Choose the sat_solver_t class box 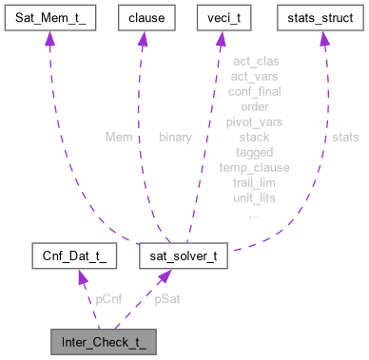[183, 256]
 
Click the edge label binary [177, 137]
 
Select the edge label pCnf [108, 297]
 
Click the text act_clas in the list [254, 62]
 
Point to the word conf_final [254, 92]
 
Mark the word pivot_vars [254, 122]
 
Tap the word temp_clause [254, 167]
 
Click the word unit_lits [254, 198]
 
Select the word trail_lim [254, 182]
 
